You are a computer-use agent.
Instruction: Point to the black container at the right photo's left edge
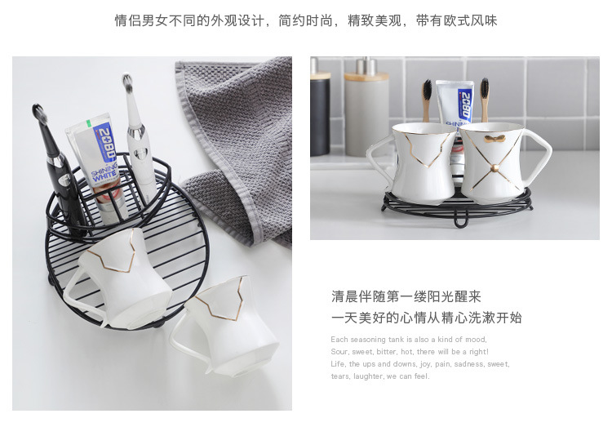point(320,114)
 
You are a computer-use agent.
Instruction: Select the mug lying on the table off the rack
point(216,327)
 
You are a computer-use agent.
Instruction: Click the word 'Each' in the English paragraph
point(339,340)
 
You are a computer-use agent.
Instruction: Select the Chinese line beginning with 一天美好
point(426,318)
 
